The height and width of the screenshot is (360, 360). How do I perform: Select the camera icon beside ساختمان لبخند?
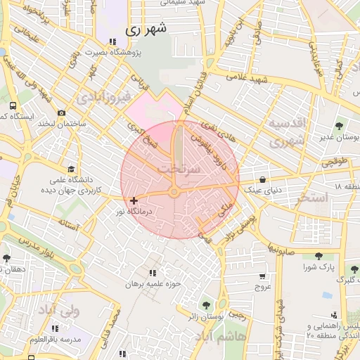pos(62,113)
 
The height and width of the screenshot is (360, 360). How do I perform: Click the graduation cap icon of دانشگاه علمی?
pos(70,169)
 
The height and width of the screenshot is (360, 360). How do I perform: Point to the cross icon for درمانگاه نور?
pos(134,201)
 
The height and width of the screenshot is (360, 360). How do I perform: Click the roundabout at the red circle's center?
pos(174,192)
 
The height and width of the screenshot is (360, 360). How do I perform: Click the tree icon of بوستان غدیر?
pos(340,127)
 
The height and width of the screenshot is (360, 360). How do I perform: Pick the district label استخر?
pos(312,198)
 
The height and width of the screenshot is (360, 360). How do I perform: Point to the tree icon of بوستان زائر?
pos(205,305)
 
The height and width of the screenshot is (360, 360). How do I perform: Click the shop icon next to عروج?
pos(262,276)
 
